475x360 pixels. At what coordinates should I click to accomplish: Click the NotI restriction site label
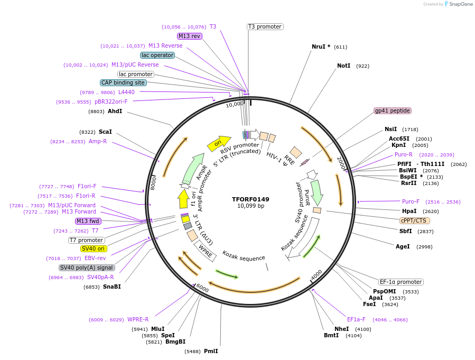343,66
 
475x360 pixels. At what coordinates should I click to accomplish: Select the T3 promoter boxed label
265,26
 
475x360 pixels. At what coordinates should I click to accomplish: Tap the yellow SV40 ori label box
93,248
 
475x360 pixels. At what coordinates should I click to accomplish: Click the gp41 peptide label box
393,110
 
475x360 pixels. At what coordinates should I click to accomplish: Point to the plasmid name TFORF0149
250,199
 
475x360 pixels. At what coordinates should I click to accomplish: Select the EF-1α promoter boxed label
401,282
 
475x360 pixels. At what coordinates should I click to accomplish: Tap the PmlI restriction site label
211,351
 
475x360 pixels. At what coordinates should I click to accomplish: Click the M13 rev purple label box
190,36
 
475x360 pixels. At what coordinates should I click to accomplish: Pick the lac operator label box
157,55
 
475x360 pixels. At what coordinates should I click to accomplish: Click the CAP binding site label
123,82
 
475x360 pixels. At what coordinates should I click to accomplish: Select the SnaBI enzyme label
112,287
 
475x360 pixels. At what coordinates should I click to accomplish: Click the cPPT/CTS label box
415,220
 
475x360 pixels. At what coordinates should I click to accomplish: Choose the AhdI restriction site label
115,112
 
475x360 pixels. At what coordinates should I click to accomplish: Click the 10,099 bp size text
250,206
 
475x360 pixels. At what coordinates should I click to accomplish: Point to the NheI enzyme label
341,329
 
